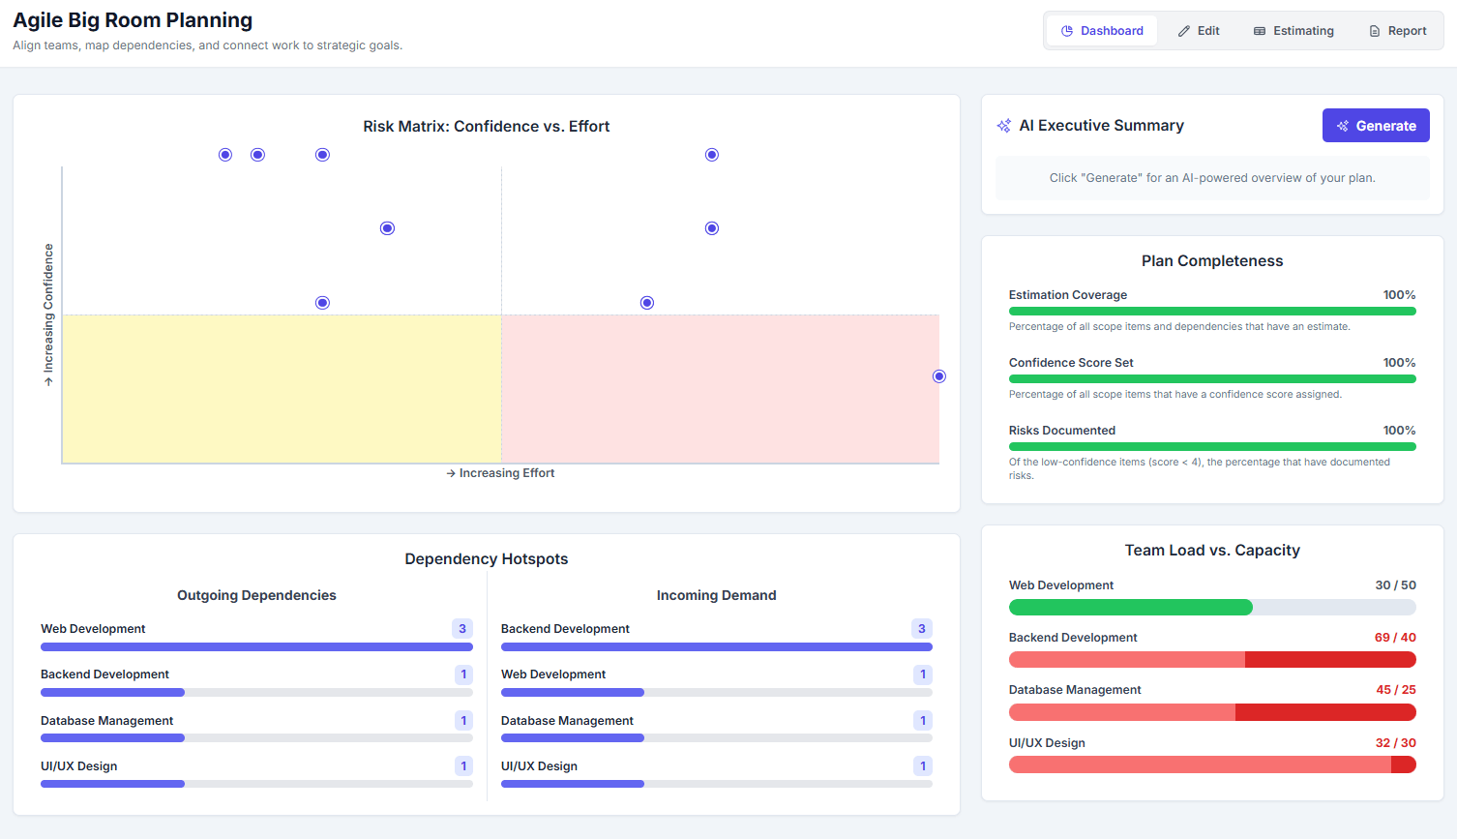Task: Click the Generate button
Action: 1375,126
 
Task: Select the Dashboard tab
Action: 1102,31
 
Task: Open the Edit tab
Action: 1199,31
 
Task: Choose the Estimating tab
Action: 1293,31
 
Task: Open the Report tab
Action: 1397,31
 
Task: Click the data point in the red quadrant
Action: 938,376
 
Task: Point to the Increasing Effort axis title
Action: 500,473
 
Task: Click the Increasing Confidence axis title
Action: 48,315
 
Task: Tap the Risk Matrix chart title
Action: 486,127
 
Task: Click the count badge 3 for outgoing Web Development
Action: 462,629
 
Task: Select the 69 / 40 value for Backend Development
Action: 1394,638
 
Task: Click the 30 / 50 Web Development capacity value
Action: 1395,585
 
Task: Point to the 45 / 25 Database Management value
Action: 1395,690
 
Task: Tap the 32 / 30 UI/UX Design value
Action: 1395,743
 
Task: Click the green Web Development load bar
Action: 1130,608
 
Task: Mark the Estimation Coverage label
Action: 1067,295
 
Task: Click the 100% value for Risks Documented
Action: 1399,431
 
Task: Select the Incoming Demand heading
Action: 716,595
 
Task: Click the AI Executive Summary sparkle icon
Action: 1004,126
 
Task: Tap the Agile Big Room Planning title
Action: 133,20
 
